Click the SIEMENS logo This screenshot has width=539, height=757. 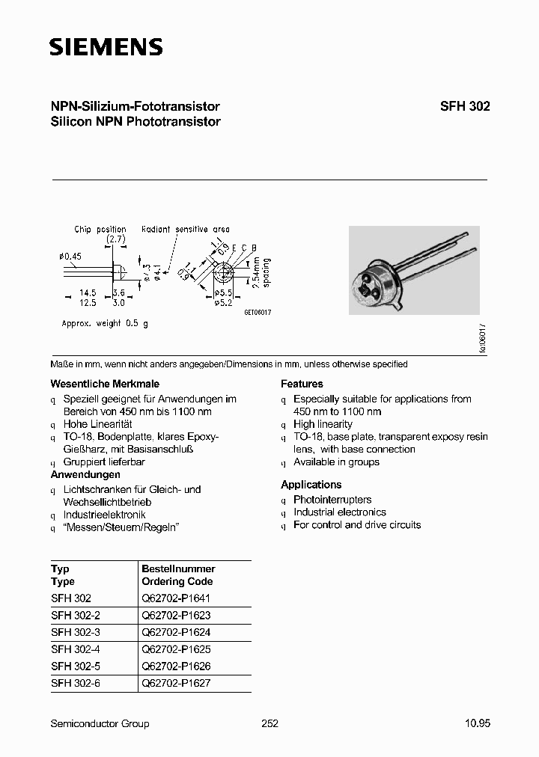(106, 49)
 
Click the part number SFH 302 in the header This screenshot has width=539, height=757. (465, 107)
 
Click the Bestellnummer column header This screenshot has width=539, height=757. (178, 569)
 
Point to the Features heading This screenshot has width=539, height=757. (302, 384)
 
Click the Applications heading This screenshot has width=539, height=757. (311, 485)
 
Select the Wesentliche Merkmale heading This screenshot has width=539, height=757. (94, 384)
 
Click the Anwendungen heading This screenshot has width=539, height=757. (85, 475)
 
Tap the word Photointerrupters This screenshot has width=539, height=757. (332, 500)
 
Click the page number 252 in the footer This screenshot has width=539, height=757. (269, 723)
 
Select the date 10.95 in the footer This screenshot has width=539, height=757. (478, 723)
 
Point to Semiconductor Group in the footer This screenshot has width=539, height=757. (100, 723)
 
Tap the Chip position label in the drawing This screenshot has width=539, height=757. (100, 230)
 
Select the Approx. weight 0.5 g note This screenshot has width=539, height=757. (105, 323)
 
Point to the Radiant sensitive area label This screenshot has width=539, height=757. (186, 230)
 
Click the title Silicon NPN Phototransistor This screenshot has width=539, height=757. (135, 122)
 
